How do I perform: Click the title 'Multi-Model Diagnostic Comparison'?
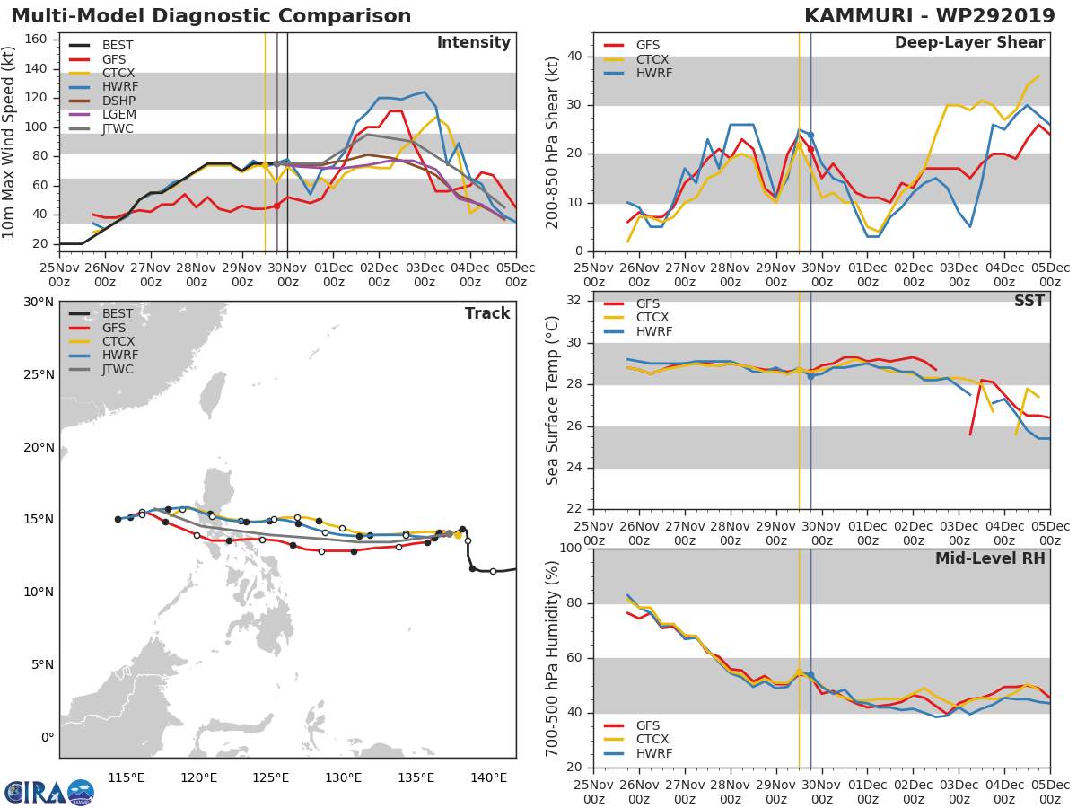coord(211,16)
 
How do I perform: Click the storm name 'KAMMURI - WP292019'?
coord(934,16)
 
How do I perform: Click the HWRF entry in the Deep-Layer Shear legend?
coord(653,74)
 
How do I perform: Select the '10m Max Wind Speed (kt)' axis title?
coord(10,142)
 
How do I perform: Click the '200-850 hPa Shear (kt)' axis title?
coord(553,142)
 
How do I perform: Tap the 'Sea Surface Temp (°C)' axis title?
coord(553,400)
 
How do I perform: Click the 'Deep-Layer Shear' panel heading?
coord(969,43)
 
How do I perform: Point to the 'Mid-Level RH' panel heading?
coord(990,559)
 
